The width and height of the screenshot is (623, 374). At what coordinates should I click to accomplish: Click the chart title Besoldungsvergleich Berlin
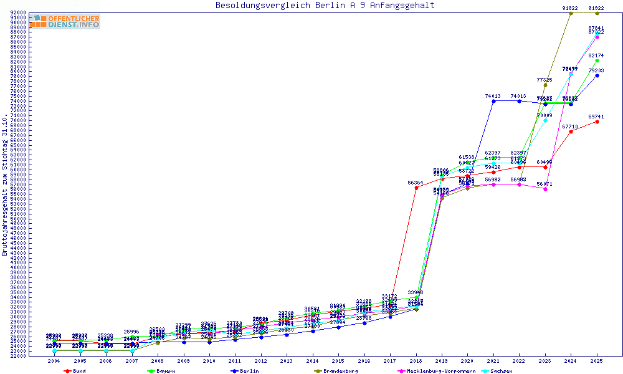(x=325, y=6)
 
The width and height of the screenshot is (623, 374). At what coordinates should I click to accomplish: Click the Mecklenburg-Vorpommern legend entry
(x=436, y=371)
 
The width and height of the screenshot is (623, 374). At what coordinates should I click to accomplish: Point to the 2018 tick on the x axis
(x=416, y=361)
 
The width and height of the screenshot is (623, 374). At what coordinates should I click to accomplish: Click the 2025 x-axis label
(x=597, y=361)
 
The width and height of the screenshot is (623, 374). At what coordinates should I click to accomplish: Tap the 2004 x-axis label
(x=55, y=361)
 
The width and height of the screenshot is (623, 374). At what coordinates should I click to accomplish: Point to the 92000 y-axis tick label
(x=17, y=12)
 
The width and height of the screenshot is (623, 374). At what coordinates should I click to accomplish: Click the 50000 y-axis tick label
(x=17, y=219)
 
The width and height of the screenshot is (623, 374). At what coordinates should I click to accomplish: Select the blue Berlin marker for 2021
(x=493, y=101)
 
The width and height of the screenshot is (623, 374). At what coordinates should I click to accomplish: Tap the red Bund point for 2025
(x=597, y=122)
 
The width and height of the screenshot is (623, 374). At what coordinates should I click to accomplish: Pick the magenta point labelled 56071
(x=545, y=189)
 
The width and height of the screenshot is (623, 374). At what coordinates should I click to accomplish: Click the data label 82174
(x=597, y=55)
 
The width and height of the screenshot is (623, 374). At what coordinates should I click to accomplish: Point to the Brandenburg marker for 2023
(x=545, y=85)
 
